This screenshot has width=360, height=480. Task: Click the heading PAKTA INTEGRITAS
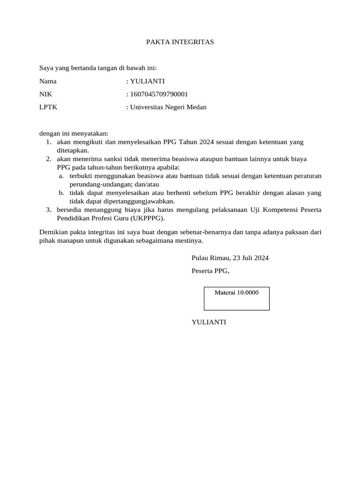click(x=180, y=42)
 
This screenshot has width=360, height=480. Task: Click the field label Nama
click(x=48, y=81)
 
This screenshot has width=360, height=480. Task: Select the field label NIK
click(x=45, y=94)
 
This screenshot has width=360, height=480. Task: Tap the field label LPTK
click(x=48, y=107)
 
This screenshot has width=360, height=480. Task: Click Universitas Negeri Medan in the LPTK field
click(x=168, y=107)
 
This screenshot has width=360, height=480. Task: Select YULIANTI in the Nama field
click(x=147, y=81)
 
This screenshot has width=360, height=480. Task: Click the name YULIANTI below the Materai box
click(x=209, y=322)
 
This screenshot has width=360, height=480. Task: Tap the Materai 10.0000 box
click(x=236, y=298)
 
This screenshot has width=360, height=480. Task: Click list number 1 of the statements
click(x=48, y=142)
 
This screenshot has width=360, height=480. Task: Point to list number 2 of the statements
click(x=48, y=159)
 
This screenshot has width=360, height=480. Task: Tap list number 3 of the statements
click(x=48, y=210)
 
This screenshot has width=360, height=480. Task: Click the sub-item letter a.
click(x=61, y=176)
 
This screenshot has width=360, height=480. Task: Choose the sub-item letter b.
click(x=61, y=193)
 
